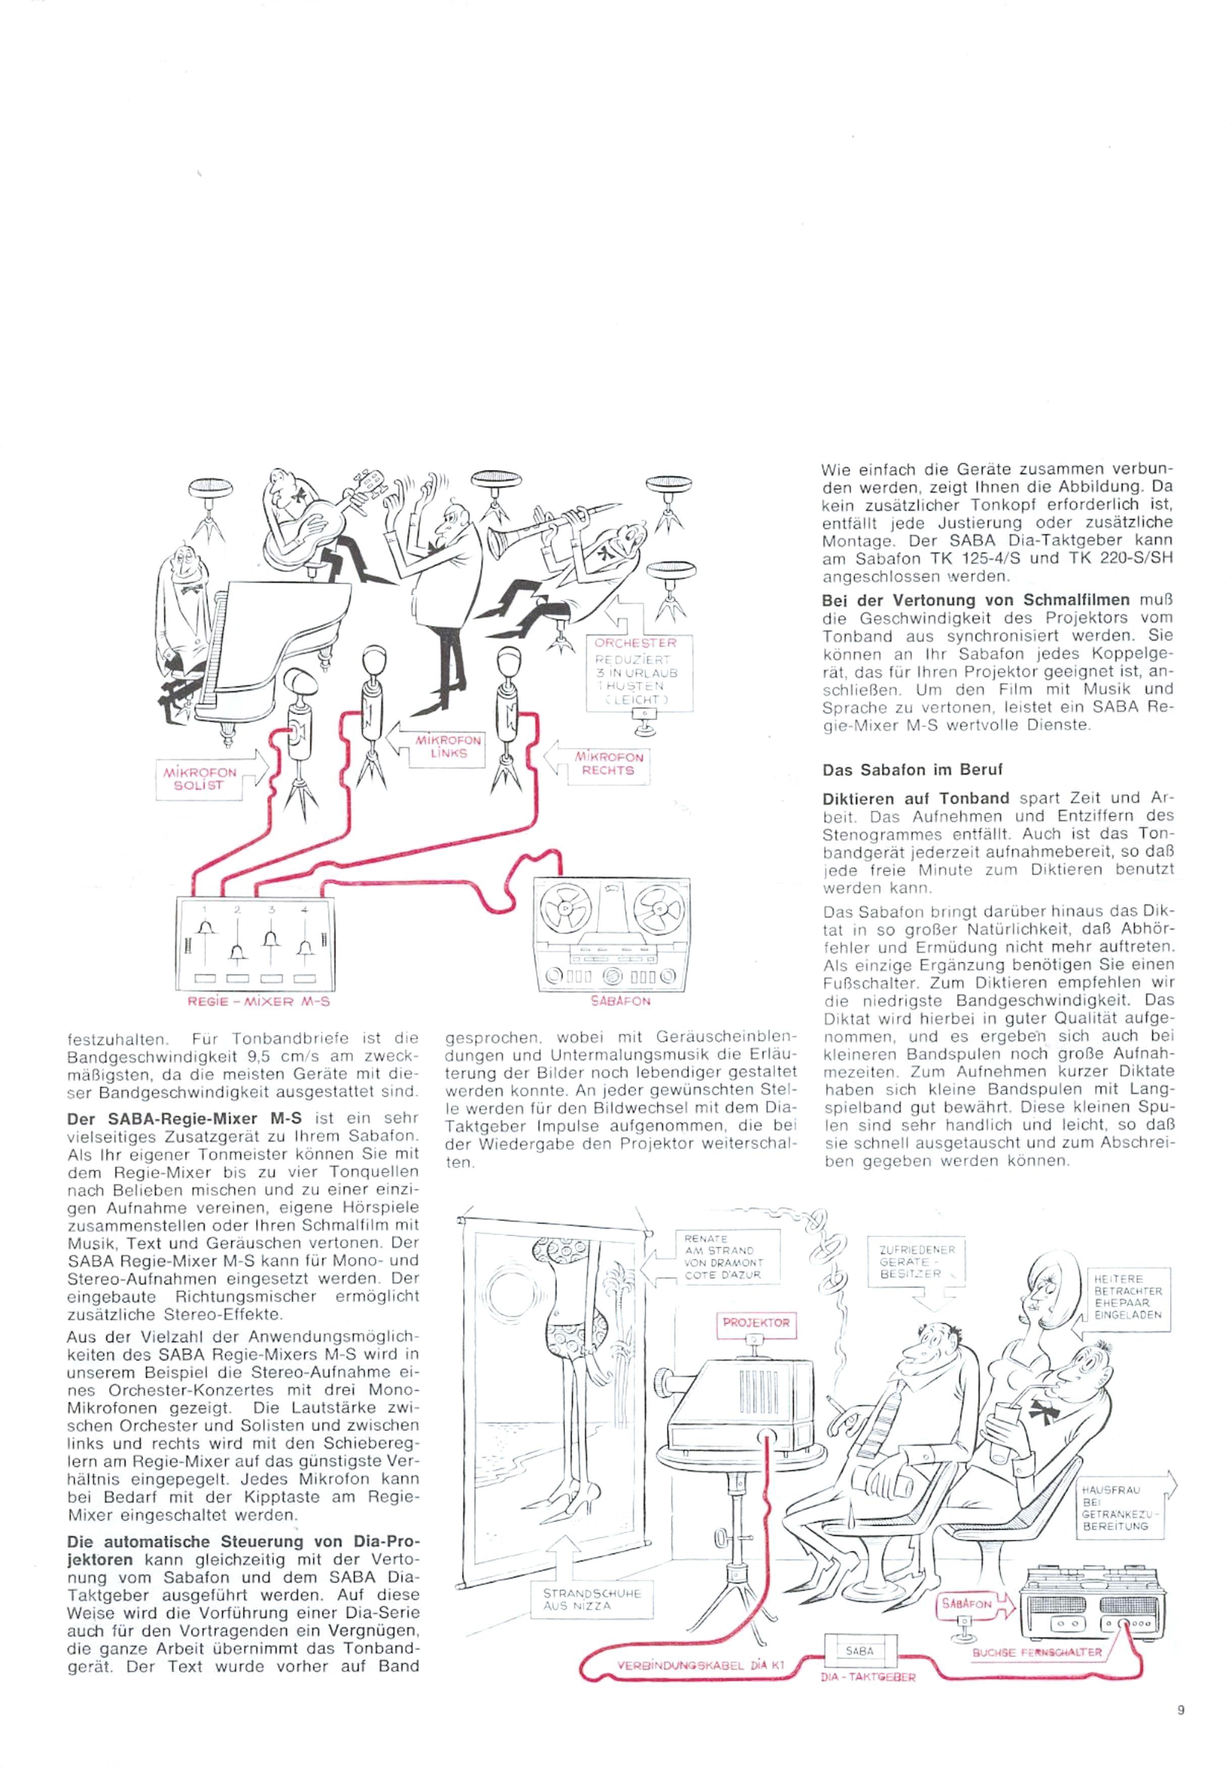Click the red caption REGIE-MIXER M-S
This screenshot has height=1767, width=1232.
[x=258, y=1002]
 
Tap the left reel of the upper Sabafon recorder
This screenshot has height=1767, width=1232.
[x=567, y=909]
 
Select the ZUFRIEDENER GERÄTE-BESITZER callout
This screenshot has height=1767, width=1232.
[x=916, y=1261]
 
